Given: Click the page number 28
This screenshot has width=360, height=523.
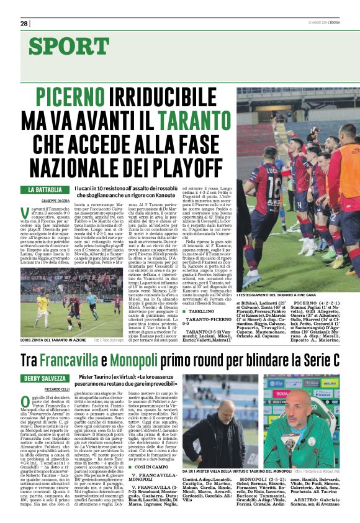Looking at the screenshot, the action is tap(24, 24).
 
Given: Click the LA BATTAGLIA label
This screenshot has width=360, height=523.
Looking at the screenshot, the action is tap(45, 189).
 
